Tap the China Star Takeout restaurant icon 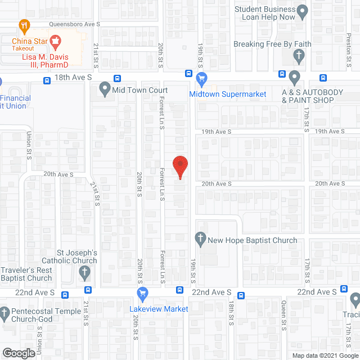24,25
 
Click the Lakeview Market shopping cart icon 142,293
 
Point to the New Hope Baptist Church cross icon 200,238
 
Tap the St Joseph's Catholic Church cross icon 84,273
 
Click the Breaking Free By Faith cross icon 299,55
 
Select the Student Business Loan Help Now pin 303,11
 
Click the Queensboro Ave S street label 75,24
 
